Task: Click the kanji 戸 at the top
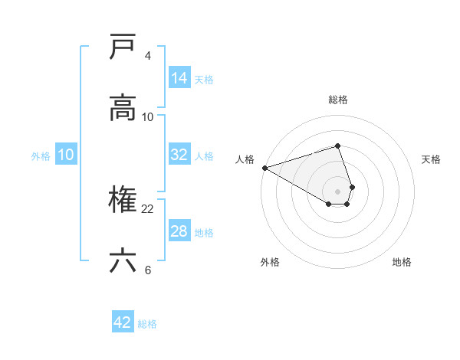123,47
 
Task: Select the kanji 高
123,108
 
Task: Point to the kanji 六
123,261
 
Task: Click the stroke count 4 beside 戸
148,56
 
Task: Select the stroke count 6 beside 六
148,270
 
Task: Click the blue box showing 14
179,78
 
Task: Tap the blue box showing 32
179,155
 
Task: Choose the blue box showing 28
179,231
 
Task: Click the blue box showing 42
123,322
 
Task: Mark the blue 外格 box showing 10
66,155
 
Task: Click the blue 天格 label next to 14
204,79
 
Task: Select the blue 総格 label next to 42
147,323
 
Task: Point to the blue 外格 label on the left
41,155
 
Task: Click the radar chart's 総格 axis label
338,100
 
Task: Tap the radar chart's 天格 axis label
431,159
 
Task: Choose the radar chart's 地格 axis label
402,262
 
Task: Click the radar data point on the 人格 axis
264,168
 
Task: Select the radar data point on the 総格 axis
338,146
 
